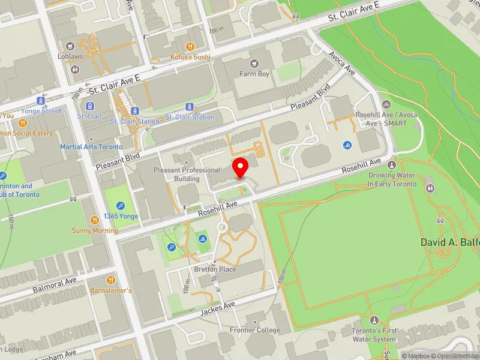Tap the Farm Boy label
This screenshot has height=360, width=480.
(254, 74)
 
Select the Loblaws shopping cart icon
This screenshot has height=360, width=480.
(71, 46)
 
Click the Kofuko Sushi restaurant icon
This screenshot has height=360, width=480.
(190, 46)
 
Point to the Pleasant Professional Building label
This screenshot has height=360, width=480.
(186, 175)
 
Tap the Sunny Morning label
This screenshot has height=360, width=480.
(95, 230)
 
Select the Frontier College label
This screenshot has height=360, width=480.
(255, 330)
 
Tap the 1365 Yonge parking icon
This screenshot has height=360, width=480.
(121, 205)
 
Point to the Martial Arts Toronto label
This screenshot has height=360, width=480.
(91, 147)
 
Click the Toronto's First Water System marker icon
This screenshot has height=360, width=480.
(375, 320)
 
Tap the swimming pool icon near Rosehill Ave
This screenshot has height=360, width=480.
(347, 145)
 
